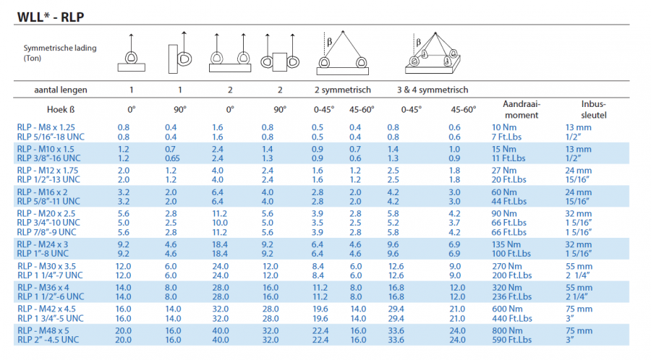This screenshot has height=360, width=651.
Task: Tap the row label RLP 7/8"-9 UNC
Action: [x=47, y=232]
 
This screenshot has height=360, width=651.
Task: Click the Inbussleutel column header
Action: [x=592, y=110]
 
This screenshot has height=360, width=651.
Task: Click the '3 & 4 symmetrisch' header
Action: [x=432, y=90]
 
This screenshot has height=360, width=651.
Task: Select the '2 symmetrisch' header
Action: [x=342, y=90]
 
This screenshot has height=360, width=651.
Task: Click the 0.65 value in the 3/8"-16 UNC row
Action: [x=171, y=158]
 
